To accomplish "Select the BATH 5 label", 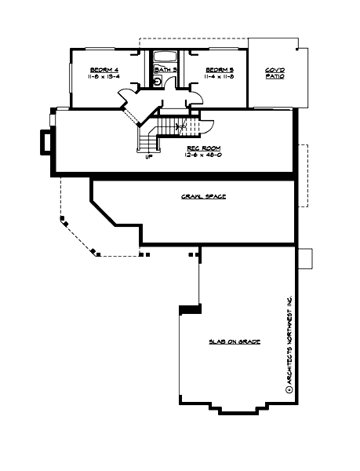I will (165, 70).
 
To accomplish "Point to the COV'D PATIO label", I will (275, 72).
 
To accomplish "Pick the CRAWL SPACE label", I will (203, 196).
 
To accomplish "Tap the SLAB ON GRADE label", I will (235, 342).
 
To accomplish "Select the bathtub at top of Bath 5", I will (165, 57).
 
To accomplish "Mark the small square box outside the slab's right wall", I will (306, 257).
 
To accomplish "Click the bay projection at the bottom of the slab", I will (238, 409).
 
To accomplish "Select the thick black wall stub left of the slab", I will (189, 309).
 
